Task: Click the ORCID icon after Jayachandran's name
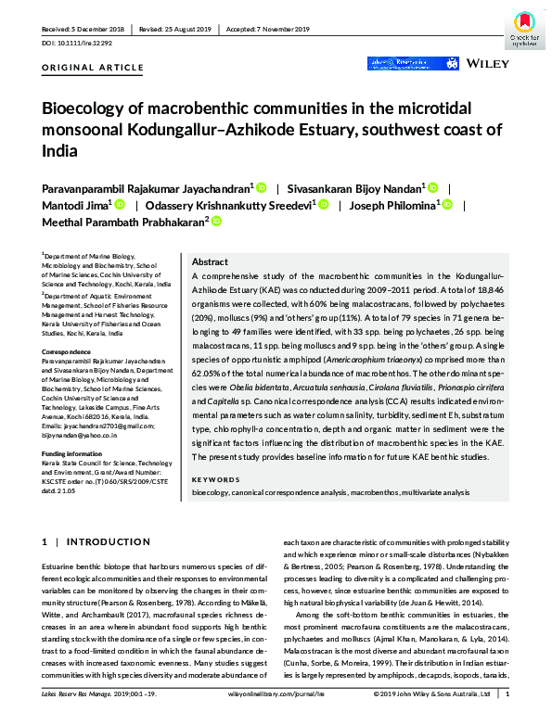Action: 262,187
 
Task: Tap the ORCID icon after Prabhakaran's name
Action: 217,222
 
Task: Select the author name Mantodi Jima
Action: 75,205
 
